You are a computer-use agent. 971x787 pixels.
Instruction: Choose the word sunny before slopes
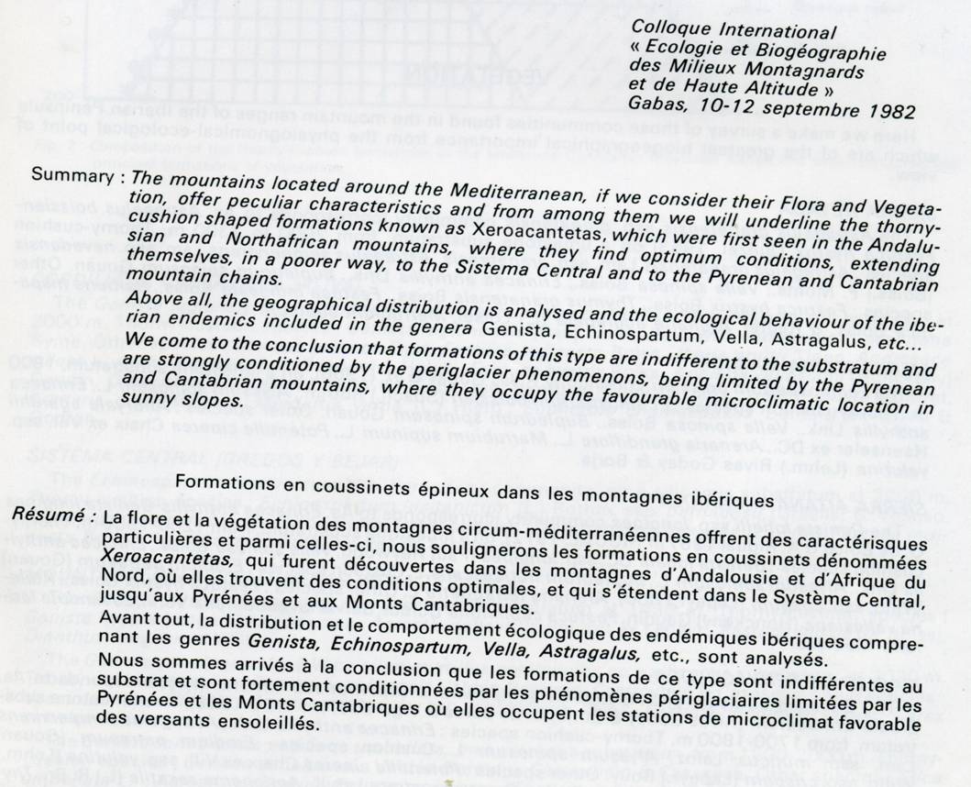[x=159, y=402]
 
